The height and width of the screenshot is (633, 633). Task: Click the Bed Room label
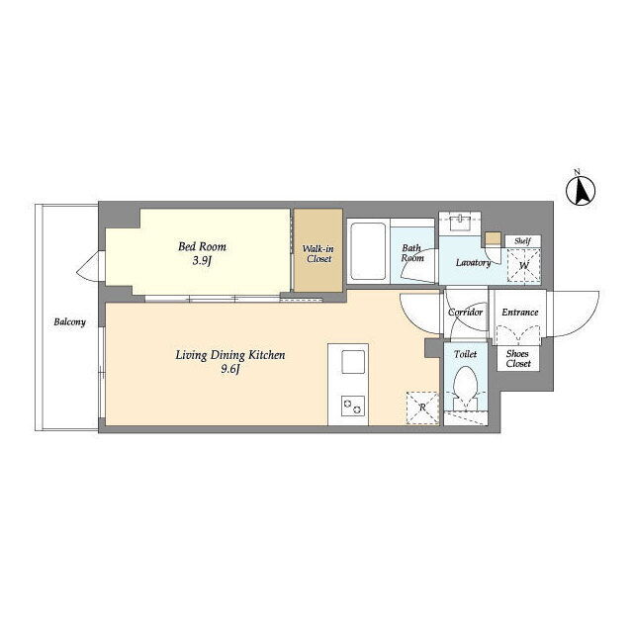click(202, 246)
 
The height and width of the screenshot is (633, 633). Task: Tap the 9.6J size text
click(230, 369)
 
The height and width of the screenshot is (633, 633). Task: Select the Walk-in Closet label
click(318, 253)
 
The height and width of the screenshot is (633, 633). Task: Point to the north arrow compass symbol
click(581, 191)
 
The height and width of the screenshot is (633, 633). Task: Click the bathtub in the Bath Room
click(368, 251)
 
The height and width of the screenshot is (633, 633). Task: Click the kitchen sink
click(353, 362)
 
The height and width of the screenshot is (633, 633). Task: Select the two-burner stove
click(353, 406)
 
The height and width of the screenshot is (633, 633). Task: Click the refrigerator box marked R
click(422, 407)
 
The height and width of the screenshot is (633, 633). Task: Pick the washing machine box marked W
click(523, 265)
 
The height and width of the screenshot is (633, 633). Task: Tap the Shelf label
click(522, 241)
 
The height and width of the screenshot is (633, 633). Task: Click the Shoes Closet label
click(518, 358)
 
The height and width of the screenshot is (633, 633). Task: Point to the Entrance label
click(520, 313)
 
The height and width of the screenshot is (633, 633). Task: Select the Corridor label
click(466, 313)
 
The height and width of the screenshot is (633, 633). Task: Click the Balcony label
click(70, 321)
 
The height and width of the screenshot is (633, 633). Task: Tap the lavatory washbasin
click(460, 222)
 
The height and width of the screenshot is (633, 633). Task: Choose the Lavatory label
click(473, 263)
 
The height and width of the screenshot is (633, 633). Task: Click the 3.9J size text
click(202, 261)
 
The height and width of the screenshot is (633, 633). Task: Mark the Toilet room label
click(466, 354)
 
